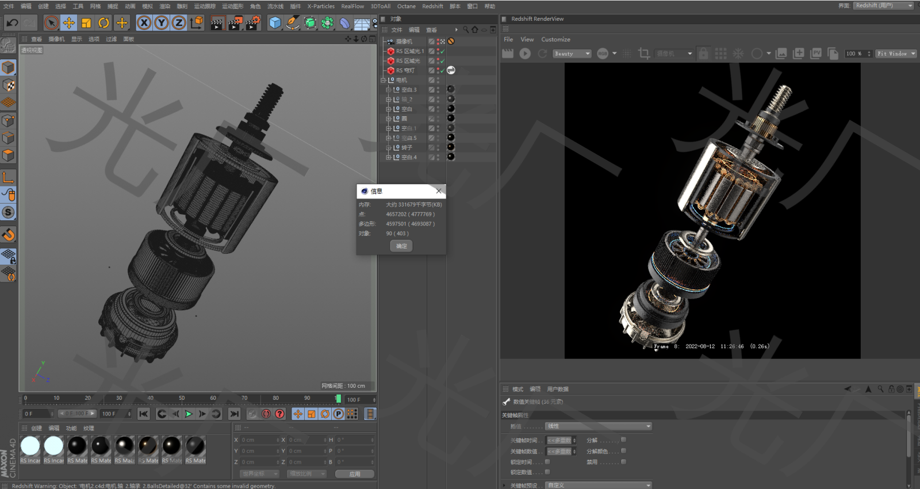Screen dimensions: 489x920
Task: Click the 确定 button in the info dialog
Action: tap(401, 246)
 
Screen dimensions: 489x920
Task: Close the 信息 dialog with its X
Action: tap(439, 191)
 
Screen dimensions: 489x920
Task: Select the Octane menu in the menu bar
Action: tap(406, 6)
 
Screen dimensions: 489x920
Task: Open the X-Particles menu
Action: tap(321, 6)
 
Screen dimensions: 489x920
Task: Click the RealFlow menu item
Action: tap(352, 6)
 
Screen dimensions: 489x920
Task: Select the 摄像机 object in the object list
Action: tap(404, 41)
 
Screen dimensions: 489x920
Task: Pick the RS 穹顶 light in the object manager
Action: tap(405, 71)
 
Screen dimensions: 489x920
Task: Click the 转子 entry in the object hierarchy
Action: tap(407, 148)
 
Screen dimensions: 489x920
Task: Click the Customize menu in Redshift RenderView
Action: tap(555, 40)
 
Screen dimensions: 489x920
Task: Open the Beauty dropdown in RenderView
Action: tap(572, 54)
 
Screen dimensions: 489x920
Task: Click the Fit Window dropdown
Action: tap(896, 54)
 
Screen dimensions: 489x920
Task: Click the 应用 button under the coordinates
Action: tap(354, 474)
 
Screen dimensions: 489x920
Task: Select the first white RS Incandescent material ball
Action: tap(30, 446)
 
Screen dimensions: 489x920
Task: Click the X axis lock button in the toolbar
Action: tap(144, 23)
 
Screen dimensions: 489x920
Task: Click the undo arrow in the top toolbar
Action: tap(12, 23)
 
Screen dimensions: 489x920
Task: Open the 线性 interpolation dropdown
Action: tap(598, 426)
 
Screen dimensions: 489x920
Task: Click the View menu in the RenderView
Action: tap(527, 40)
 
